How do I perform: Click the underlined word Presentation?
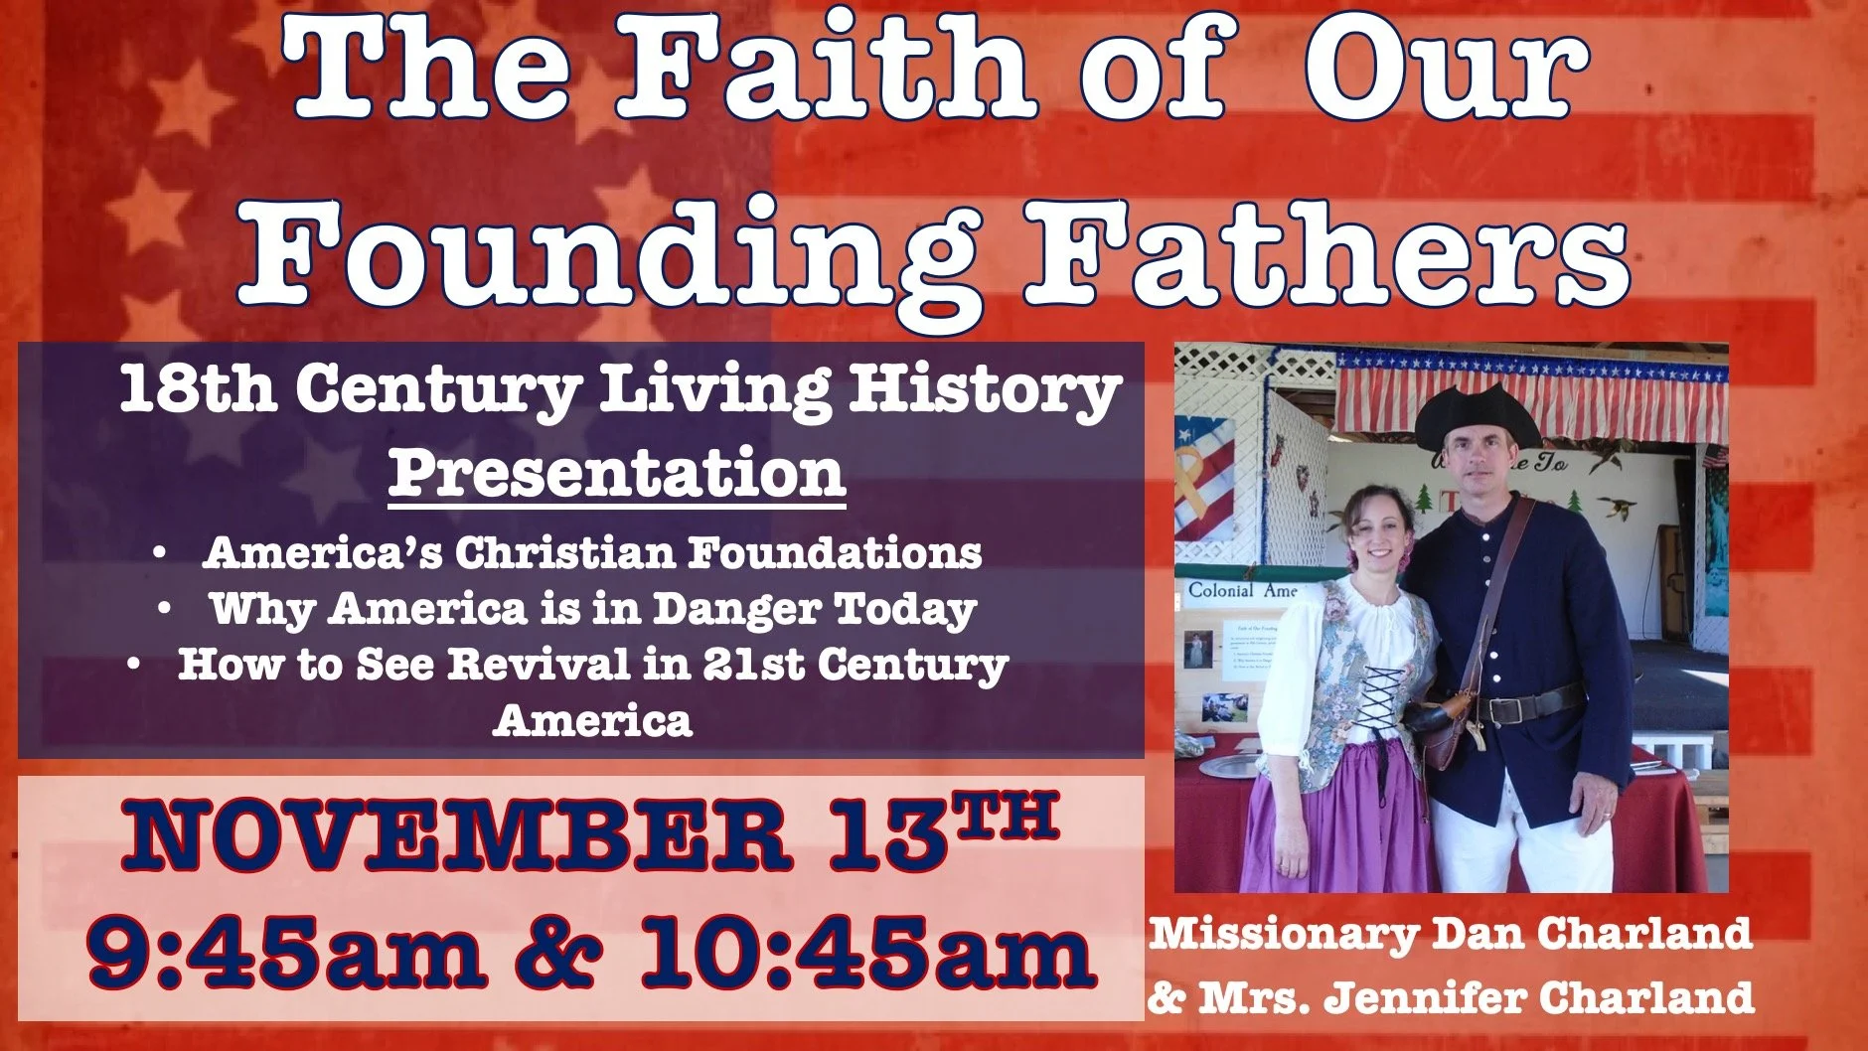[616, 474]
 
